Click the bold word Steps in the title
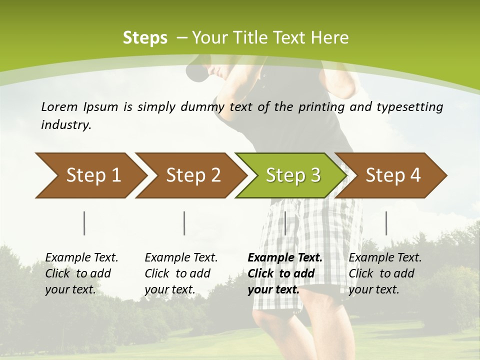145,38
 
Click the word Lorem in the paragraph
59,107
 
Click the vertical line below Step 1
84,223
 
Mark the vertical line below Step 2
184,223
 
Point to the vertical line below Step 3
285,223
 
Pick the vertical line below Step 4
386,223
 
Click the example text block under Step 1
81,273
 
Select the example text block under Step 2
181,273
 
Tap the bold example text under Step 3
285,273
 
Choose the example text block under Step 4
385,273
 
